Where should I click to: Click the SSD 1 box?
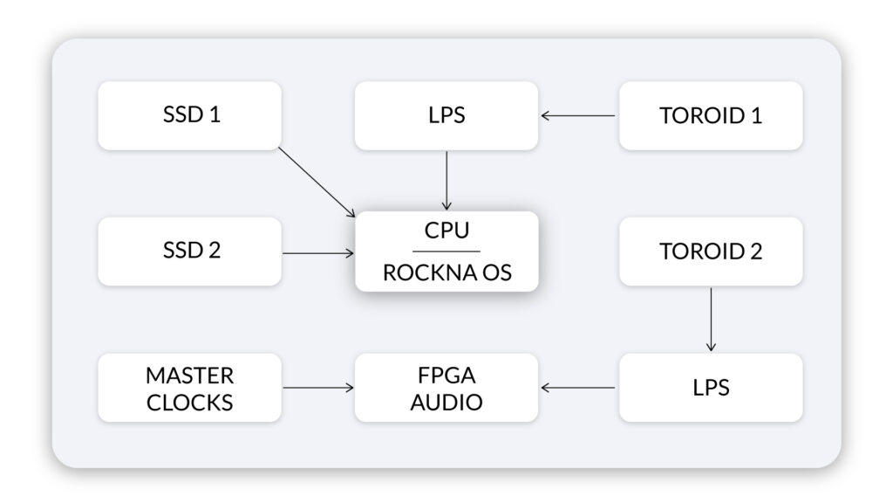click(x=189, y=116)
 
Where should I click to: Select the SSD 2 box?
click(x=189, y=251)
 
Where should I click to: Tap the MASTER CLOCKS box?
click(x=189, y=388)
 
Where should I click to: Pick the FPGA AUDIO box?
click(x=446, y=388)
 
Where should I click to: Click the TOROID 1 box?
click(x=711, y=116)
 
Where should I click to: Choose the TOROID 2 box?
click(x=711, y=251)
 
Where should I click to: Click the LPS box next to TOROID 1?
click(x=446, y=116)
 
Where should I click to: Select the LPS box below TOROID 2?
click(x=711, y=388)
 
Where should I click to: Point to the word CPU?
click(x=446, y=231)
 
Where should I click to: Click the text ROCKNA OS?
click(x=447, y=272)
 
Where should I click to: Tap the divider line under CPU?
click(x=446, y=251)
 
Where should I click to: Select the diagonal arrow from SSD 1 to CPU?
click(x=317, y=183)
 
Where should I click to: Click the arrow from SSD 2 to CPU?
click(x=318, y=252)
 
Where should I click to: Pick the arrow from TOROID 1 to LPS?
click(x=578, y=116)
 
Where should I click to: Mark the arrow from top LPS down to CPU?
click(x=446, y=181)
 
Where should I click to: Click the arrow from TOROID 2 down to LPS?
click(x=711, y=320)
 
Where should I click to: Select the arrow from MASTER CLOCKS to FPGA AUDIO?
click(x=318, y=388)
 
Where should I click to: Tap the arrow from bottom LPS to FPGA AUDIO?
click(x=578, y=388)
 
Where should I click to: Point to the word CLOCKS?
click(x=189, y=403)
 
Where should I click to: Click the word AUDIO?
click(x=446, y=402)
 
